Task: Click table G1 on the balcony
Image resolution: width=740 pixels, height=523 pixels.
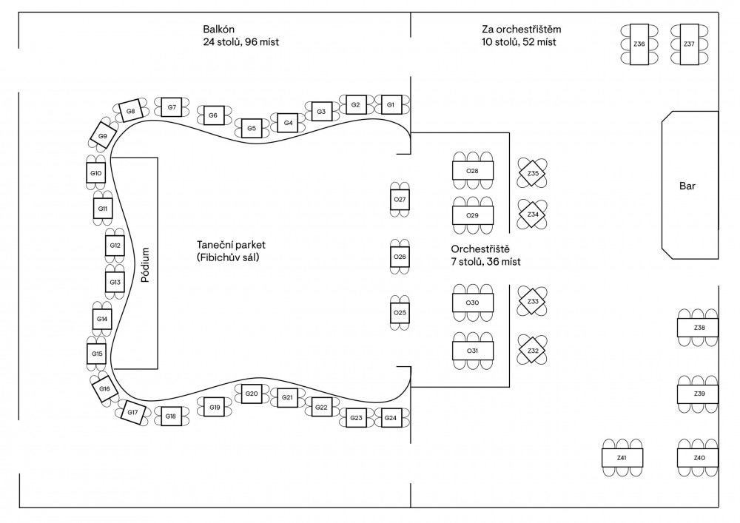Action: tap(390, 105)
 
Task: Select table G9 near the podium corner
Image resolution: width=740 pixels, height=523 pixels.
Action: tap(103, 136)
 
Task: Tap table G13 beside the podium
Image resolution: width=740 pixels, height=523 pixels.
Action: tap(115, 283)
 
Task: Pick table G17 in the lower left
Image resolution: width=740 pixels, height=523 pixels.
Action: tap(132, 412)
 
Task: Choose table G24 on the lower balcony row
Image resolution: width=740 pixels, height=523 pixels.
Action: tap(390, 419)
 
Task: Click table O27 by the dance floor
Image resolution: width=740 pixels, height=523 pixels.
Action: tap(400, 200)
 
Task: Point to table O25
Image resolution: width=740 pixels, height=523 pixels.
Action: tap(400, 313)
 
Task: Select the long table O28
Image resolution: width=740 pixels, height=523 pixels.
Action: tap(472, 171)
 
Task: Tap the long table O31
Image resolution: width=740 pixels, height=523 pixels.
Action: tap(472, 350)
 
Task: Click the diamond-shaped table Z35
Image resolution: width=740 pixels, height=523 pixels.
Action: tap(533, 174)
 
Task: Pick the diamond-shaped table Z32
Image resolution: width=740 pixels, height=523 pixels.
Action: tap(533, 350)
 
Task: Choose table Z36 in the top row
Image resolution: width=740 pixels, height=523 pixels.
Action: tap(639, 44)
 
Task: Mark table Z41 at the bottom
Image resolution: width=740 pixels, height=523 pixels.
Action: tap(622, 459)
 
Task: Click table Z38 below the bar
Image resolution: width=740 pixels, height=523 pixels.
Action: tap(699, 327)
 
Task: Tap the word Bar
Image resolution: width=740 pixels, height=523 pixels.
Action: tap(687, 186)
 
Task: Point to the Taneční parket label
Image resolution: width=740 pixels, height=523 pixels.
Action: tap(231, 245)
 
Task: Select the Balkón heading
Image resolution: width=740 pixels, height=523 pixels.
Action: tap(219, 29)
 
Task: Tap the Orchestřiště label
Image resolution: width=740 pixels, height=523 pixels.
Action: tap(480, 248)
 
